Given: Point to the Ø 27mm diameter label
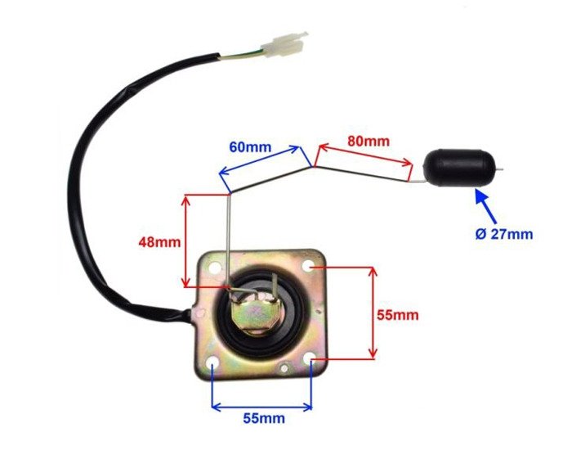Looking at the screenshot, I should pyautogui.click(x=503, y=234).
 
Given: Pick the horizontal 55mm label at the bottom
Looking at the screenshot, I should pyautogui.click(x=264, y=418).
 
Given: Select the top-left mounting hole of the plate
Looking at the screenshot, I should pyautogui.click(x=213, y=267).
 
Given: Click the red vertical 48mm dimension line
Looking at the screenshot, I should pyautogui.click(x=187, y=241).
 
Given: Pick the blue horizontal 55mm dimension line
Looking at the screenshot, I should pyautogui.click(x=261, y=404).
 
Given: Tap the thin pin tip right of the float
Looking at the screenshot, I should pyautogui.click(x=505, y=170).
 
